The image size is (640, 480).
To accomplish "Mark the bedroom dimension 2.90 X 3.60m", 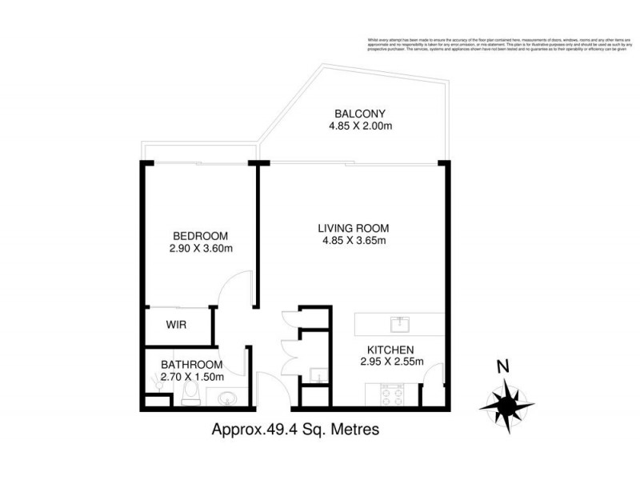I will pos(200,249).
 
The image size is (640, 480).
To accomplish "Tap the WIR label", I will pos(176,326).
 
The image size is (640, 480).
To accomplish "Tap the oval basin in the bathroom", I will pos(226,397).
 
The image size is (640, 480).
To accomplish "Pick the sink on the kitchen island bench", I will pos(398,324).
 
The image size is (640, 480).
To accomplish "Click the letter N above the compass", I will pos(502,368).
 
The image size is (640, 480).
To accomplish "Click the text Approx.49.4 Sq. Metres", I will pos(294,430).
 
